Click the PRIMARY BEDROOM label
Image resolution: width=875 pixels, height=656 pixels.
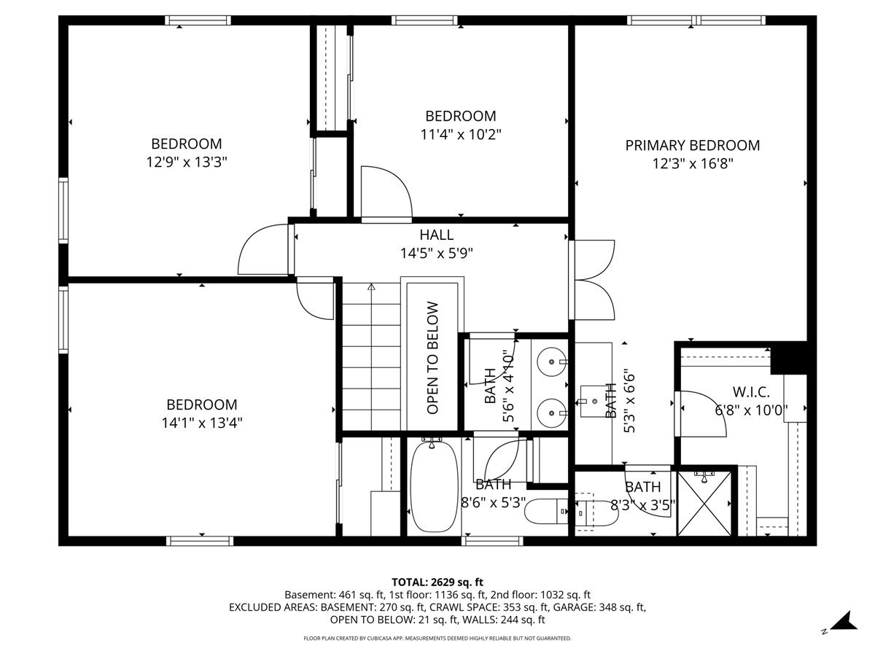pos(692,145)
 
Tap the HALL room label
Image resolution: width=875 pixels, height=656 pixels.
pos(436,235)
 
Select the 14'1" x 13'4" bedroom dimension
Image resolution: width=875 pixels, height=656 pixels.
pos(201,422)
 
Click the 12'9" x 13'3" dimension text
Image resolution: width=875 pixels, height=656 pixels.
pos(186,162)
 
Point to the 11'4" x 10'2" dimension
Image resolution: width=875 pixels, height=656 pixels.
pos(460,134)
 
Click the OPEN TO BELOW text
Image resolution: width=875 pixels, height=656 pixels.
pos(432,358)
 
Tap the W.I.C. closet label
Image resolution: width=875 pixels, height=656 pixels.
pos(750,391)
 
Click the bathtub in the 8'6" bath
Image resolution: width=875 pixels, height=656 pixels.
pos(434,487)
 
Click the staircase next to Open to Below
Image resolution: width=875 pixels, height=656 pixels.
pos(371,357)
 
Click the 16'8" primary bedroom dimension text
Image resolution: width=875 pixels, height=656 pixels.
pos(692,164)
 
